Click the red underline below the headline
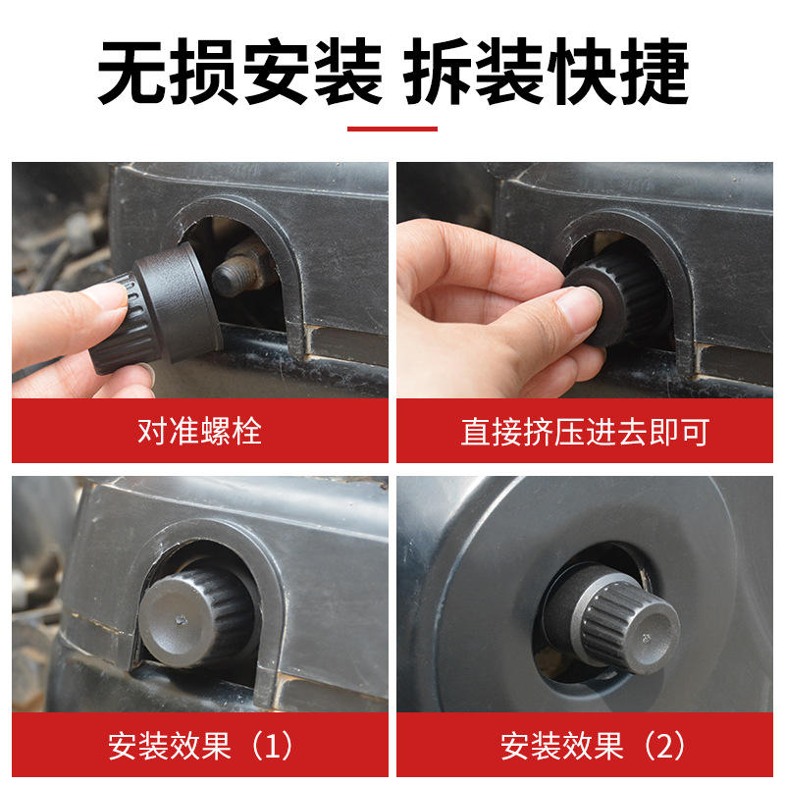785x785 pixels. [x=392, y=130]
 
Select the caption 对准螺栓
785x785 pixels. [x=200, y=431]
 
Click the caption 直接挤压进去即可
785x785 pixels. [x=585, y=432]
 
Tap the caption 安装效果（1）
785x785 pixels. [x=200, y=745]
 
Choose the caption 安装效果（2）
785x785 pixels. [x=593, y=745]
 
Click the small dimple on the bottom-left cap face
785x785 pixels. [x=182, y=621]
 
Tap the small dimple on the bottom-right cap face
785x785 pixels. [x=646, y=638]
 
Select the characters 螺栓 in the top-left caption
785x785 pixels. [x=232, y=431]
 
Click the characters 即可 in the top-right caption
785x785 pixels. [x=679, y=432]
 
